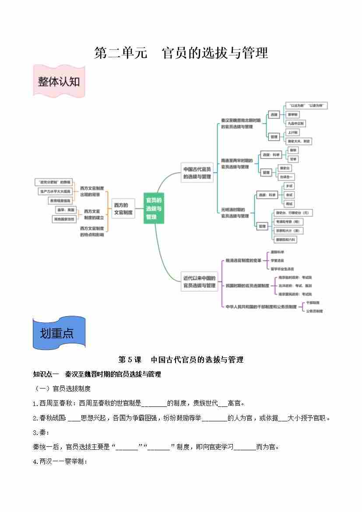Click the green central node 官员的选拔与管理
pos(154,208)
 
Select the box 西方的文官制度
pos(123,208)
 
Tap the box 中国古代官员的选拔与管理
pos(197,173)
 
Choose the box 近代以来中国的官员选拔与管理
pos(199,282)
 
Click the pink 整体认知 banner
pos(58,81)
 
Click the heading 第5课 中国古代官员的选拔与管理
pos(181,360)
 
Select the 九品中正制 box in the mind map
pos(296,124)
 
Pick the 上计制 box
pos(293,132)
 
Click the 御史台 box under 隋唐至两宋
pos(284,168)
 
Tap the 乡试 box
pos(289,186)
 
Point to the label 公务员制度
pos(314,311)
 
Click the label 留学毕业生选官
pos(282,269)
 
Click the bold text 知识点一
pos(46,374)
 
